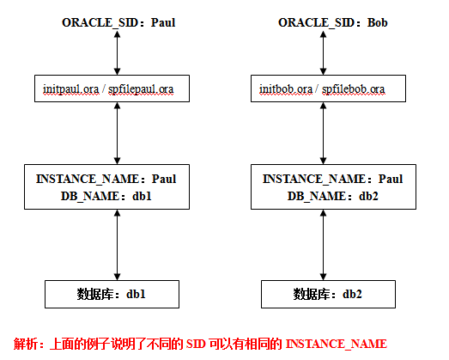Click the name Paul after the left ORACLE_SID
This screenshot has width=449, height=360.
163,22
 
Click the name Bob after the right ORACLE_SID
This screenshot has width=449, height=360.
378,22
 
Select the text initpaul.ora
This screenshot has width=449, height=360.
70,89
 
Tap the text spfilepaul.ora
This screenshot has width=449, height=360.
141,89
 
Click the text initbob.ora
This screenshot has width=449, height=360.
286,89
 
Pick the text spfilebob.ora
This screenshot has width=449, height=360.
353,89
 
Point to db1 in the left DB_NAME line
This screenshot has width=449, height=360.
142,197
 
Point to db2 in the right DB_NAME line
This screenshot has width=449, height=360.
368,197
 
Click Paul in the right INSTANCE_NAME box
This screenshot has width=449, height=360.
391,179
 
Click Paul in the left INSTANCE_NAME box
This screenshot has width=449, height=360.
164,179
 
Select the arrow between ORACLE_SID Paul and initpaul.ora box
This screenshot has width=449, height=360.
117,52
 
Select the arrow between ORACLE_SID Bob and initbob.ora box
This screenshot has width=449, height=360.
324,52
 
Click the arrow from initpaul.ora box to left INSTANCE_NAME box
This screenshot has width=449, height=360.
117,133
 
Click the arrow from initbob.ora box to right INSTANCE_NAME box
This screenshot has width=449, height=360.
324,133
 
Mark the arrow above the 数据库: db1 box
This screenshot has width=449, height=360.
117,245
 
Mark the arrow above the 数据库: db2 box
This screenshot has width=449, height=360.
324,245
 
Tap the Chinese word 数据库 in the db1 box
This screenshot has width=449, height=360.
94,295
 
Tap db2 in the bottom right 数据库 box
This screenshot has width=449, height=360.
352,295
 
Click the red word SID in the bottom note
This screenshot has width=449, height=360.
196,344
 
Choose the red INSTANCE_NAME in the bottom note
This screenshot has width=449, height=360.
337,345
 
